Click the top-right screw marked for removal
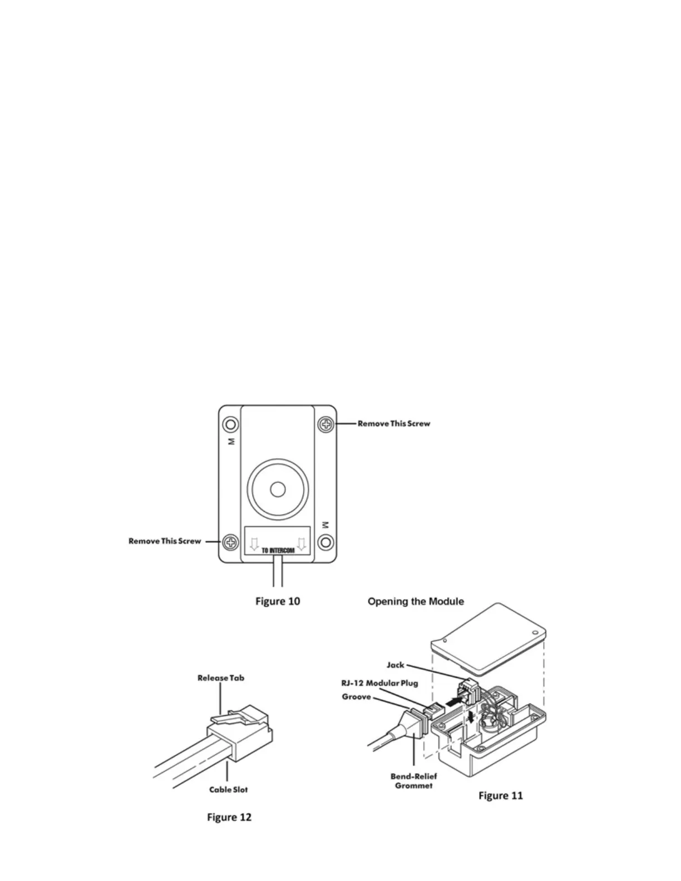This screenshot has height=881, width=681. pos(326,424)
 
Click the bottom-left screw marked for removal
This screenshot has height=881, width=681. pos(230,542)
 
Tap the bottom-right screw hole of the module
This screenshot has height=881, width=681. pos(326,542)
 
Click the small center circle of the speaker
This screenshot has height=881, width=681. pos(277,489)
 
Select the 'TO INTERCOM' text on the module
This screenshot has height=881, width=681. pos(278,551)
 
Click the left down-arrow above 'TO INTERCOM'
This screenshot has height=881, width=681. pos(254,543)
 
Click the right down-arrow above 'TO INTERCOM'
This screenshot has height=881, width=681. pos(302,543)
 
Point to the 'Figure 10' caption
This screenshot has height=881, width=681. pos(278,601)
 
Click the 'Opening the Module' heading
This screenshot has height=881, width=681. pos(416,601)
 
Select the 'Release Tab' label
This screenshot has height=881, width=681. pos(221,678)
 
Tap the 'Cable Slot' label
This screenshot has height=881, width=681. pos(228,789)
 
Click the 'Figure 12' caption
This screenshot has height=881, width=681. pos(229,817)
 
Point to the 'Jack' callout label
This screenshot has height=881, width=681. pos(395,665)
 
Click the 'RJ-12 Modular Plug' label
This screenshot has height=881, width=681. pos(379,683)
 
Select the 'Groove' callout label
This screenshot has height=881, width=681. pos(356,697)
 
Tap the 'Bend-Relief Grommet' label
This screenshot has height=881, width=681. pos(413,781)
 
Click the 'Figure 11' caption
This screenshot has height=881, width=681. pos(501,796)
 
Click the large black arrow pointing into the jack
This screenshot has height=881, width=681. pos(455,704)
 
